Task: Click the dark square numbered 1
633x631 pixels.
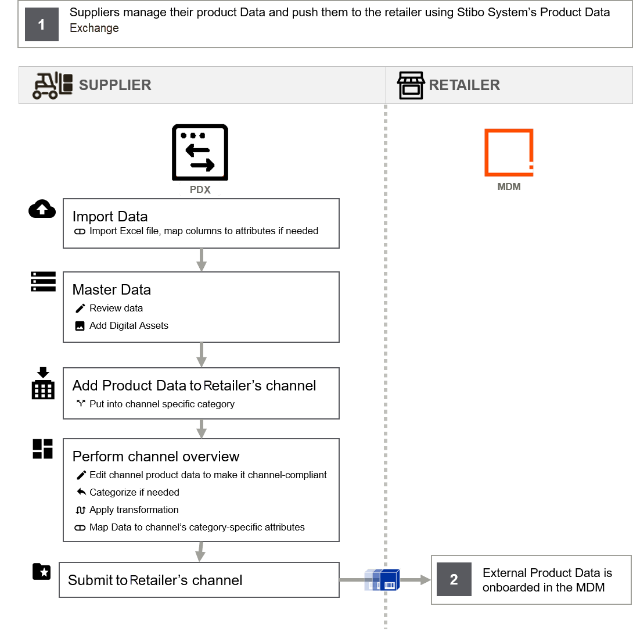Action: pos(42,24)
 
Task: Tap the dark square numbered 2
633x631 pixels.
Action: pos(454,579)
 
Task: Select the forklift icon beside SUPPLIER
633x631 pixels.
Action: pos(52,85)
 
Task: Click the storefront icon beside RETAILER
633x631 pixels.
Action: pos(411,85)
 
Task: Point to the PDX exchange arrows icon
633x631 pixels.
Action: pos(200,152)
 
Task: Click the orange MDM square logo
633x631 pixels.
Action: pos(509,153)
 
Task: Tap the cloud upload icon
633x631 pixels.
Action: pos(42,209)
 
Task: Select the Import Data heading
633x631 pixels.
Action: pos(110,217)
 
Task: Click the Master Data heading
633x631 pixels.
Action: pos(112,290)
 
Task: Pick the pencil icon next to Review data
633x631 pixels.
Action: pos(80,308)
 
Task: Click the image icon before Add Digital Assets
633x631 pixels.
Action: pos(80,326)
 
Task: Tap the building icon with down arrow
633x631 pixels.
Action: pos(43,383)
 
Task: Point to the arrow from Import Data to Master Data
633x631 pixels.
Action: pos(202,260)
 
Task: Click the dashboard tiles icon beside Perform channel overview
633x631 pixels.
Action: pos(43,449)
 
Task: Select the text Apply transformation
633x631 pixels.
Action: pos(134,510)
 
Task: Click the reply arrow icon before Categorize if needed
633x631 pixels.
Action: pos(81,492)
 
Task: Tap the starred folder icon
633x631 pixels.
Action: pos(42,571)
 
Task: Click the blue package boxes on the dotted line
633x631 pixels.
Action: pos(382,580)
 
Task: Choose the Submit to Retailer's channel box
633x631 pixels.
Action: pos(199,580)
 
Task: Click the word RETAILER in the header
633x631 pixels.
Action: pos(464,85)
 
